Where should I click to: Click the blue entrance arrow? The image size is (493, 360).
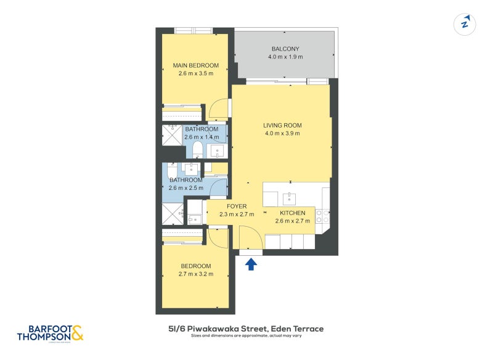pyautogui.click(x=251, y=264)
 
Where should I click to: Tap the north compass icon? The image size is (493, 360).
pyautogui.click(x=465, y=25)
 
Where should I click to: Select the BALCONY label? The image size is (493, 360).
pyautogui.click(x=285, y=49)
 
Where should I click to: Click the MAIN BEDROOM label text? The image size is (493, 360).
pyautogui.click(x=195, y=65)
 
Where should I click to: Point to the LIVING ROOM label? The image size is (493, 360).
pyautogui.click(x=282, y=126)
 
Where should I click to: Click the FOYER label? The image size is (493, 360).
pyautogui.click(x=237, y=207)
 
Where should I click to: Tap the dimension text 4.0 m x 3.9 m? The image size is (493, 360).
pyautogui.click(x=282, y=134)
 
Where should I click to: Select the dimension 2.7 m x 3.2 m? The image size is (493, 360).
pyautogui.click(x=195, y=274)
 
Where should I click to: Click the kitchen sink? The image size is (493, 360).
pyautogui.click(x=288, y=198)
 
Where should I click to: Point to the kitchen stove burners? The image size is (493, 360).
pyautogui.click(x=322, y=216)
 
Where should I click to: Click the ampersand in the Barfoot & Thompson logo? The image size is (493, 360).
pyautogui.click(x=77, y=333)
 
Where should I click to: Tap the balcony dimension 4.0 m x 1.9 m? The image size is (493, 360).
pyautogui.click(x=285, y=57)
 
